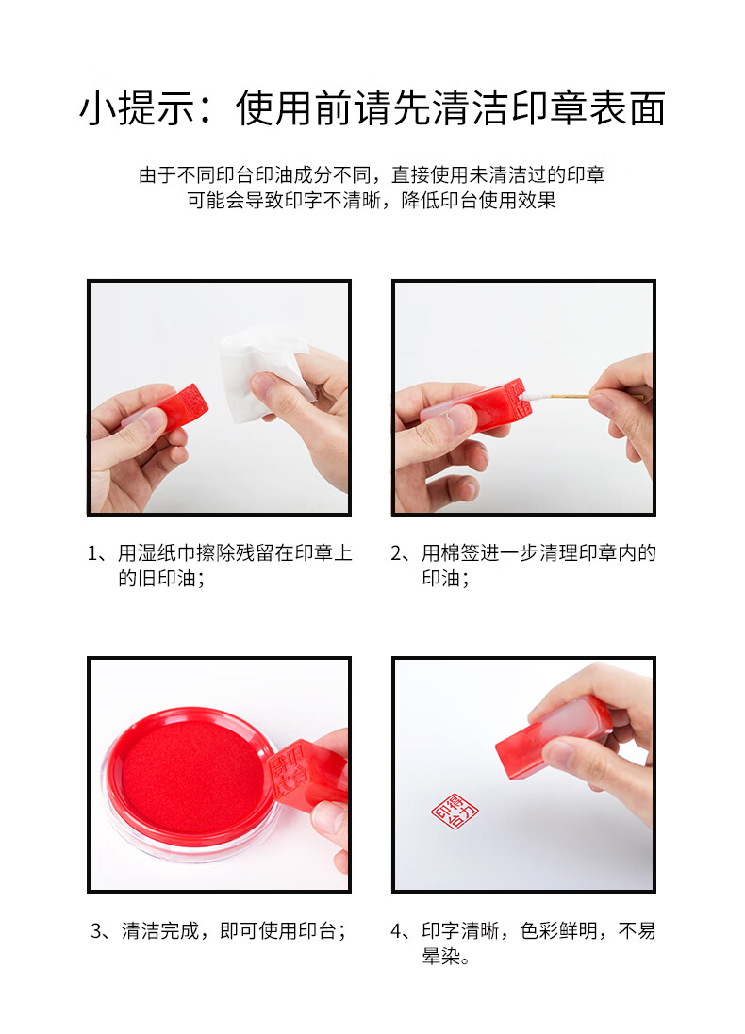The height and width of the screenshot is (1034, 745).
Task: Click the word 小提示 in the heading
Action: click(x=138, y=108)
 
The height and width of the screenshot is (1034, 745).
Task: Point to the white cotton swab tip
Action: click(x=535, y=397)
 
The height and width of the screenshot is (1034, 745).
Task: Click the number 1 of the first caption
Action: click(x=93, y=552)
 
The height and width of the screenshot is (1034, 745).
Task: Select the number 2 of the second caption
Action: click(x=397, y=552)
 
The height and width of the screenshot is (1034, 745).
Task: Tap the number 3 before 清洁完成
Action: click(x=96, y=930)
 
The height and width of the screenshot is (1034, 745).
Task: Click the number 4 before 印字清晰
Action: click(x=397, y=930)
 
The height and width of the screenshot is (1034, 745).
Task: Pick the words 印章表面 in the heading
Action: click(x=588, y=108)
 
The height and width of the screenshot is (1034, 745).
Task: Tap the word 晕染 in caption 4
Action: click(x=441, y=956)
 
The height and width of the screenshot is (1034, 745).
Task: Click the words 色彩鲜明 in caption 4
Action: click(x=558, y=930)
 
